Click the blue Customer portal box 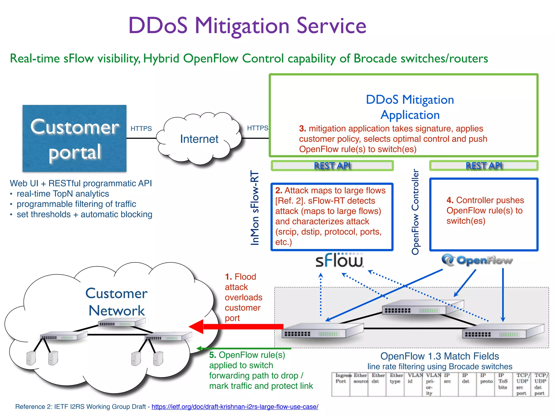pyautogui.click(x=74, y=138)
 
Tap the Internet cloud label pyautogui.click(x=199, y=139)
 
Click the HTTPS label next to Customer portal pyautogui.click(x=141, y=128)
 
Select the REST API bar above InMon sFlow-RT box pyautogui.click(x=332, y=166)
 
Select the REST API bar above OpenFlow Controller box pyautogui.click(x=484, y=166)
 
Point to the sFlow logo pyautogui.click(x=339, y=261)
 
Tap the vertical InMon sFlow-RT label pyautogui.click(x=255, y=208)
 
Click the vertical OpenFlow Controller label pyautogui.click(x=415, y=212)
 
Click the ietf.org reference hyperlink pyautogui.click(x=235, y=407)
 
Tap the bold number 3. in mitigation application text pyautogui.click(x=302, y=128)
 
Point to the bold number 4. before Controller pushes pyautogui.click(x=450, y=200)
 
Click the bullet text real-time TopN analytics pyautogui.click(x=63, y=194)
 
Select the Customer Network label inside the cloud pyautogui.click(x=117, y=302)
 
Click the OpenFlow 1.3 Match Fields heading pyautogui.click(x=440, y=356)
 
